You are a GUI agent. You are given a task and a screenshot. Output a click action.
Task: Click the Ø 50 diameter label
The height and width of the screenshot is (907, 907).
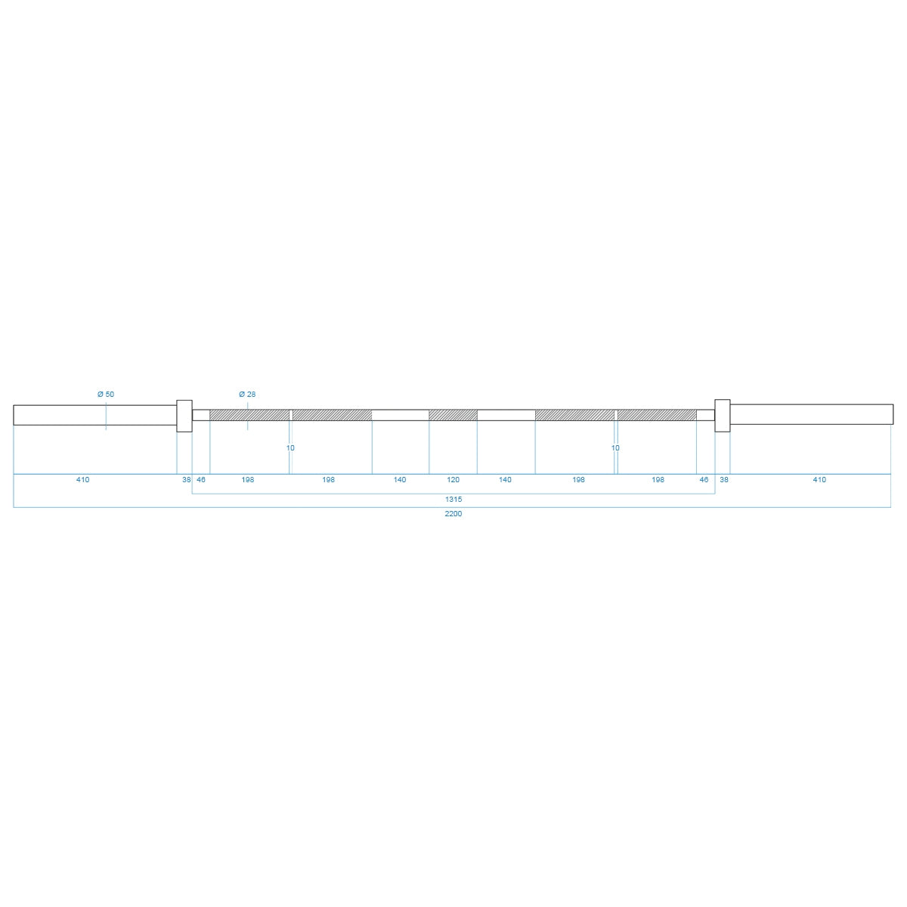(x=106, y=395)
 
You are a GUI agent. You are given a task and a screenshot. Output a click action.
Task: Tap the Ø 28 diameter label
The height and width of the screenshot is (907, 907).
(x=247, y=395)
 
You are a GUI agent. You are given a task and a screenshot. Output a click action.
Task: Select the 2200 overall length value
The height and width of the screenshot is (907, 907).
(x=453, y=513)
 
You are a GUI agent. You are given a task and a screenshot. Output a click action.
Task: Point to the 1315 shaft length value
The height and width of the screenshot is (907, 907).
(x=453, y=499)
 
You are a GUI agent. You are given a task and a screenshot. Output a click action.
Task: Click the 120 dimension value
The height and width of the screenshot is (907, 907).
(x=453, y=480)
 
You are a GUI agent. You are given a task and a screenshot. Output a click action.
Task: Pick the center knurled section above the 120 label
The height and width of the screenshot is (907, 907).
(x=453, y=415)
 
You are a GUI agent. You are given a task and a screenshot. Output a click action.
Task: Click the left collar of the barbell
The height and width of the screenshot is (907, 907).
(x=184, y=416)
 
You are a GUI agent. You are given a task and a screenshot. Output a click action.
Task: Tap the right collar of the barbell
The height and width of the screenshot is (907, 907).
(x=722, y=416)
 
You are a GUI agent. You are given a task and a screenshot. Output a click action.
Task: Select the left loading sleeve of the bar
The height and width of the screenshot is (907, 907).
(x=95, y=415)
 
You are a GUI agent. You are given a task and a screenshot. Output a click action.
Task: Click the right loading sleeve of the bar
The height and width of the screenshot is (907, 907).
(x=812, y=414)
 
